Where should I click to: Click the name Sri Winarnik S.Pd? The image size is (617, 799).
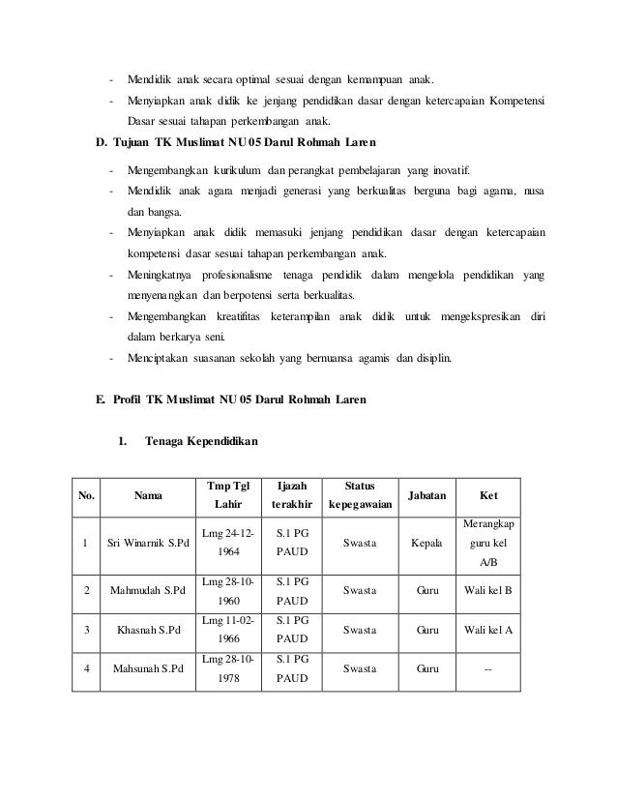147,544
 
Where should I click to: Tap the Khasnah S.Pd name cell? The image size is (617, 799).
147,630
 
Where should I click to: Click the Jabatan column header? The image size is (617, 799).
427,494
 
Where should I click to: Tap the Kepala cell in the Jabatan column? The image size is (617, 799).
426,544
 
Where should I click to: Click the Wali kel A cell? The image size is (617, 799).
489,630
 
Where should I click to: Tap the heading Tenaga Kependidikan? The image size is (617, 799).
200,442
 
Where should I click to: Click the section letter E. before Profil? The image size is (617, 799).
100,399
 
